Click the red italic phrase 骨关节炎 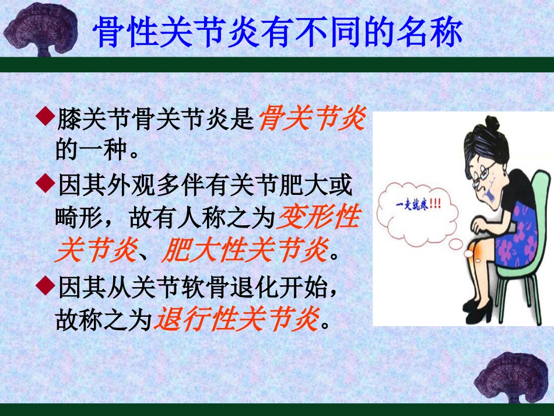311,120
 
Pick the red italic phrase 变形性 318,219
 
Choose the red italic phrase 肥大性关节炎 245,252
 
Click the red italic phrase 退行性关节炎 236,320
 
